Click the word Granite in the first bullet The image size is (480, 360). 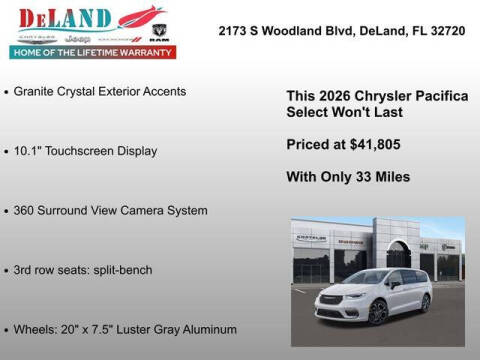37,91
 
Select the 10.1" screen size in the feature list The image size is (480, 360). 30,151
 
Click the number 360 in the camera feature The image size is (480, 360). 26,211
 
